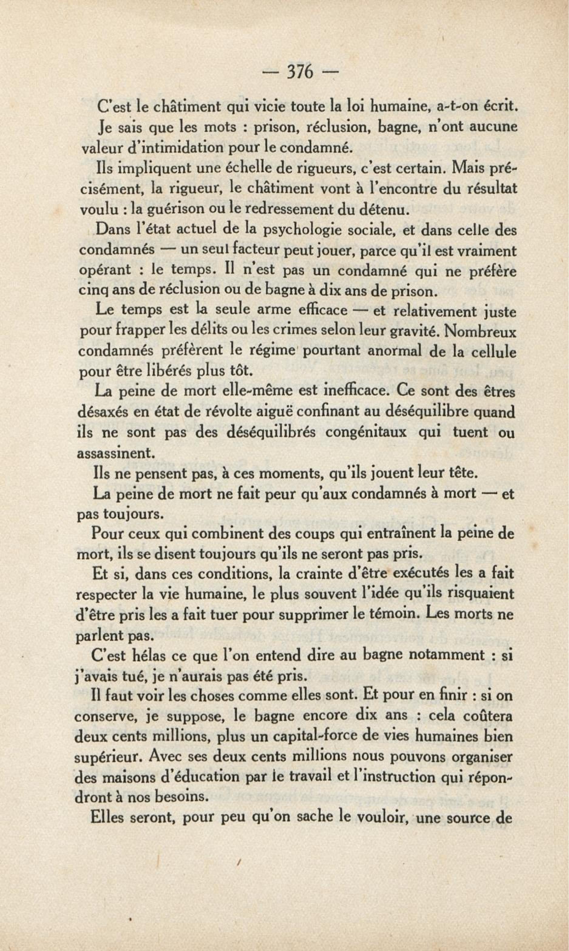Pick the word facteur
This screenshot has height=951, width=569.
[x=243, y=250]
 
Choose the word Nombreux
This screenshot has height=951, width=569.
[x=481, y=331]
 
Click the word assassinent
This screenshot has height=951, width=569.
[x=116, y=453]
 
